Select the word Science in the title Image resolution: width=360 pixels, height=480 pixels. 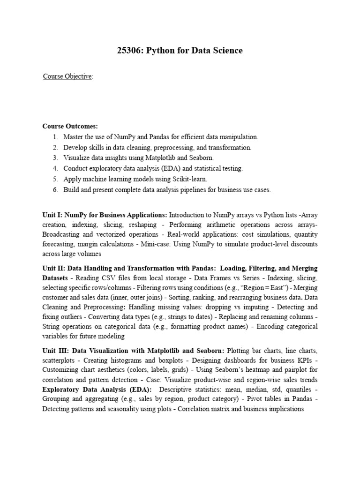pos(225,50)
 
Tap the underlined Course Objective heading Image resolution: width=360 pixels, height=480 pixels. pos(67,76)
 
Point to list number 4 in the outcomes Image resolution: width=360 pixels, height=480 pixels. pos(55,168)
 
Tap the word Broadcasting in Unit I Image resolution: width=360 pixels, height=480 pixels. pos(64,234)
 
